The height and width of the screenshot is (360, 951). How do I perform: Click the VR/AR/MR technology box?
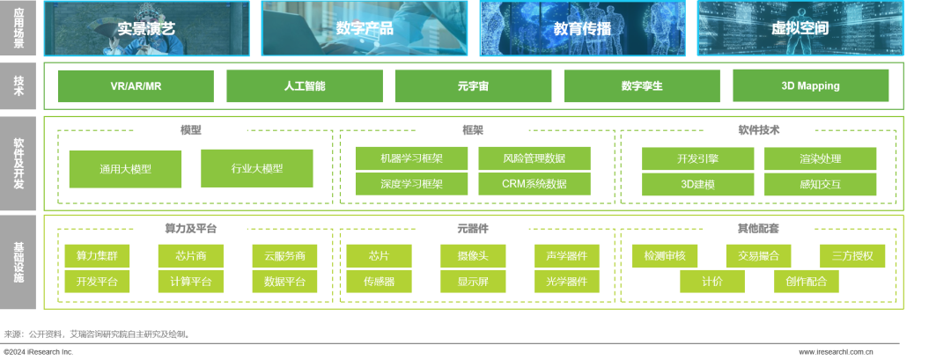[136, 86]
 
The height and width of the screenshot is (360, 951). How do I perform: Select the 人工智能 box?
[305, 86]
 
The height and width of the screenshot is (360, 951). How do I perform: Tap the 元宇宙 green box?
[473, 86]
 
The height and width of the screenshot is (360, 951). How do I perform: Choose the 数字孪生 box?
[642, 86]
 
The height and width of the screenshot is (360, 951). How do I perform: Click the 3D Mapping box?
[810, 86]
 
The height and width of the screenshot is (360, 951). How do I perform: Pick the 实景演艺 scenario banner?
[146, 28]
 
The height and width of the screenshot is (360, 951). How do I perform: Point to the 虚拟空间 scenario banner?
[800, 28]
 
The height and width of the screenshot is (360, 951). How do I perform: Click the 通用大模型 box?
[125, 169]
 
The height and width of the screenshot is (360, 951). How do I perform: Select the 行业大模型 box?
[257, 168]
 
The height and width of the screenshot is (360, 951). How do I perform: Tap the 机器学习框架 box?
[411, 158]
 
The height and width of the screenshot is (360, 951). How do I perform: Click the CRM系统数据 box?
[534, 184]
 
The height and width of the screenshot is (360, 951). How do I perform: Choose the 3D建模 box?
[698, 184]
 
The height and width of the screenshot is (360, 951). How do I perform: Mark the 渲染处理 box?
[821, 158]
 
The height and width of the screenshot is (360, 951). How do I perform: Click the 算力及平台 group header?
[190, 229]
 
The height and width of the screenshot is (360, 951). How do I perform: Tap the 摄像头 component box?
[473, 256]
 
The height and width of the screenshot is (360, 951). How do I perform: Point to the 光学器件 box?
[567, 282]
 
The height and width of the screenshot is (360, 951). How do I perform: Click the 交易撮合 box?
[758, 256]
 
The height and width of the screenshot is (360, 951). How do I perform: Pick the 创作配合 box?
[807, 282]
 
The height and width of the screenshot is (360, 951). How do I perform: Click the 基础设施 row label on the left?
[18, 262]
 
